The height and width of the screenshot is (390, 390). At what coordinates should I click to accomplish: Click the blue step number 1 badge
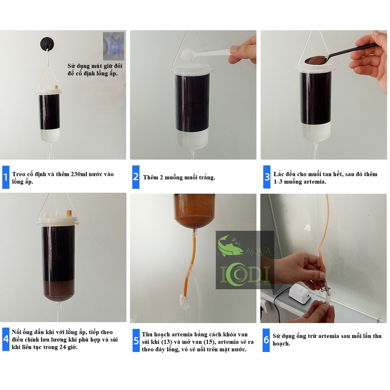[x=6, y=177]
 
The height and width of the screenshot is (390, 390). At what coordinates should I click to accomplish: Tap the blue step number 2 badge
[x=136, y=177]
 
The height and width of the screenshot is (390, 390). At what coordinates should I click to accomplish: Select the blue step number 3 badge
[x=267, y=177]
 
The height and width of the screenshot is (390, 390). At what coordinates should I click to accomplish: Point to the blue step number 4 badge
[x=6, y=339]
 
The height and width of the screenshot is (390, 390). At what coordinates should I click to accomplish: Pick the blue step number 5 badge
[x=136, y=340]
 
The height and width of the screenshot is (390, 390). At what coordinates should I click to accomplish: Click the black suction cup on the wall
[x=47, y=43]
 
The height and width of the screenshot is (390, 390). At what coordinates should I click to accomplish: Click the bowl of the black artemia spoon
[x=315, y=60]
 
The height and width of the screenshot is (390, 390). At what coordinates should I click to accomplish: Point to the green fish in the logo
[x=230, y=246]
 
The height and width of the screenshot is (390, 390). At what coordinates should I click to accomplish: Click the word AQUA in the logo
[x=258, y=252]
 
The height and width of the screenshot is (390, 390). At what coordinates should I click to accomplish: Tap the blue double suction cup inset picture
[x=113, y=46]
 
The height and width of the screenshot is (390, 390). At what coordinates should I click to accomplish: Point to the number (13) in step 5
[x=167, y=342]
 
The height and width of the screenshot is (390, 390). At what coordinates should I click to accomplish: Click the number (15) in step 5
[x=209, y=342]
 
